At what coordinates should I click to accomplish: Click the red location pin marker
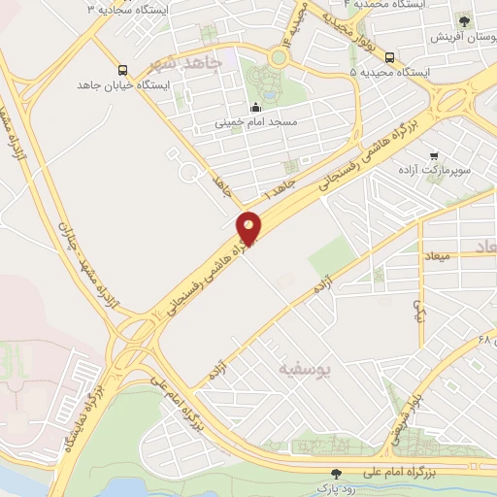tap(249, 229)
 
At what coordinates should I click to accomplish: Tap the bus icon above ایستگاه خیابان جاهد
tap(122, 70)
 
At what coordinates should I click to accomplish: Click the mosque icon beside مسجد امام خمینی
tap(255, 107)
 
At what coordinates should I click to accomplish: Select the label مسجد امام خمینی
tap(256, 124)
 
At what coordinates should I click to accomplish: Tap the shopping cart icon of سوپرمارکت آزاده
tap(433, 154)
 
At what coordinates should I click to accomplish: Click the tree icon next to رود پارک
tap(336, 474)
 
